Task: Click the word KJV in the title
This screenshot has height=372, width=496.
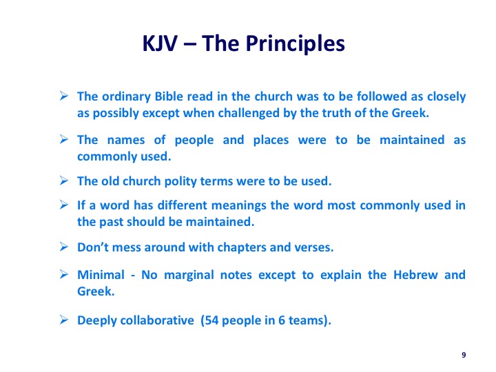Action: pyautogui.click(x=160, y=43)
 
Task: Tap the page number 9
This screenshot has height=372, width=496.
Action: pyautogui.click(x=464, y=355)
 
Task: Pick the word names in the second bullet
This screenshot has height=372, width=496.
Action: pyautogui.click(x=126, y=140)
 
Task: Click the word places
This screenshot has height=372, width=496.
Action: pyautogui.click(x=271, y=141)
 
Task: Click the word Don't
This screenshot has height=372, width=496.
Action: pyautogui.click(x=93, y=247)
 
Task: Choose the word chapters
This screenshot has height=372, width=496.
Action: pyautogui.click(x=242, y=248)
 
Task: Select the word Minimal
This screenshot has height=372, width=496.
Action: pyautogui.click(x=101, y=275)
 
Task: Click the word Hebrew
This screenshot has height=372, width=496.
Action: pyautogui.click(x=415, y=275)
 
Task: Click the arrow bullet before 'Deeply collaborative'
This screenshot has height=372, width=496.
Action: pyautogui.click(x=64, y=320)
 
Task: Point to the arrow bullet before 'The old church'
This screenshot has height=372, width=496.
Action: pyautogui.click(x=64, y=180)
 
